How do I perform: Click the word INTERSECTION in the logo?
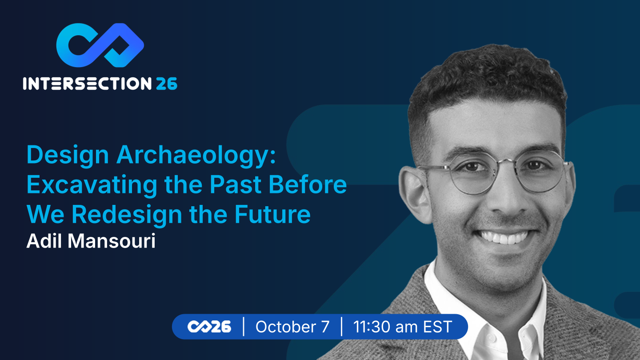pos(87,84)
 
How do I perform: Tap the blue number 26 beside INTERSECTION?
pos(167,84)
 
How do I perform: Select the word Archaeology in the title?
pos(196,156)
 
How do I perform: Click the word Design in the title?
pos(68,156)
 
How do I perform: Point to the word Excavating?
pos(92,185)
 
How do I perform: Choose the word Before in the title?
pos(308,184)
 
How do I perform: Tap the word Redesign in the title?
pos(127,215)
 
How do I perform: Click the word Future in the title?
pos(272,214)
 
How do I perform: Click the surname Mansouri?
pos(112,241)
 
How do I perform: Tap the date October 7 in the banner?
pos(292,327)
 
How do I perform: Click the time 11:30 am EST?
pos(403,327)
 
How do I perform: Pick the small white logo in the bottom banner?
pos(209,327)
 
